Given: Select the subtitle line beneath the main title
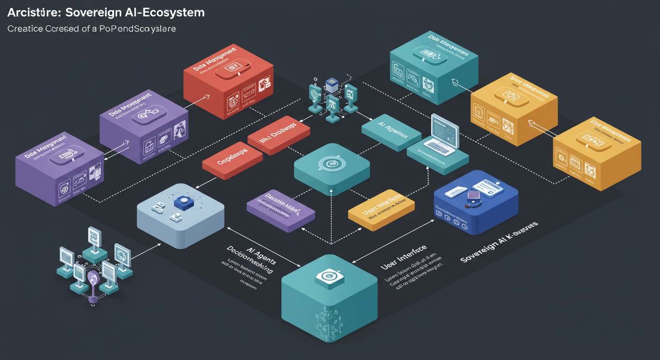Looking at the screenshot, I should [91, 29].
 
